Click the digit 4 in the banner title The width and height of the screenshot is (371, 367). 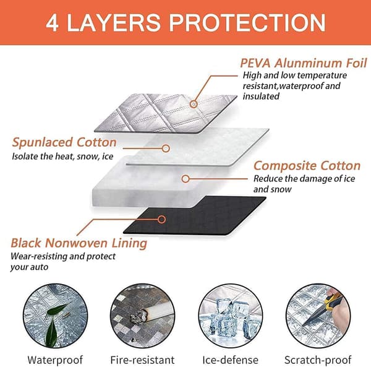point(52,23)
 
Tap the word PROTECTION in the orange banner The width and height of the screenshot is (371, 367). point(247,23)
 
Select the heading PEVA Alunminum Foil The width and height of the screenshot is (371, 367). point(304,63)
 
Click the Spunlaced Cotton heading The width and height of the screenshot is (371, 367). point(64,142)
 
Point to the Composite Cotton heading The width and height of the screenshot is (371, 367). point(307,165)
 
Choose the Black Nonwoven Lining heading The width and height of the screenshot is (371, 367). point(79,243)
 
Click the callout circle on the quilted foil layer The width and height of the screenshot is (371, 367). point(194,104)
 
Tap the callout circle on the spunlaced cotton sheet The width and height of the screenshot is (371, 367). point(166,149)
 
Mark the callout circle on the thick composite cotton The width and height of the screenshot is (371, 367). point(185,179)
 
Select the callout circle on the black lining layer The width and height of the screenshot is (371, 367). point(161,220)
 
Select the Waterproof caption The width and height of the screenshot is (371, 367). point(55,360)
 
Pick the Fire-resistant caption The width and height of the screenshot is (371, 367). point(142,360)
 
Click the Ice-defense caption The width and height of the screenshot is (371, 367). point(231,360)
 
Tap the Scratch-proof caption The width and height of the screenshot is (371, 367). point(318,360)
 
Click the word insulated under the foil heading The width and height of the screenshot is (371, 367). point(261,96)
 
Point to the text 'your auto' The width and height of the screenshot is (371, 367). point(29,267)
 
